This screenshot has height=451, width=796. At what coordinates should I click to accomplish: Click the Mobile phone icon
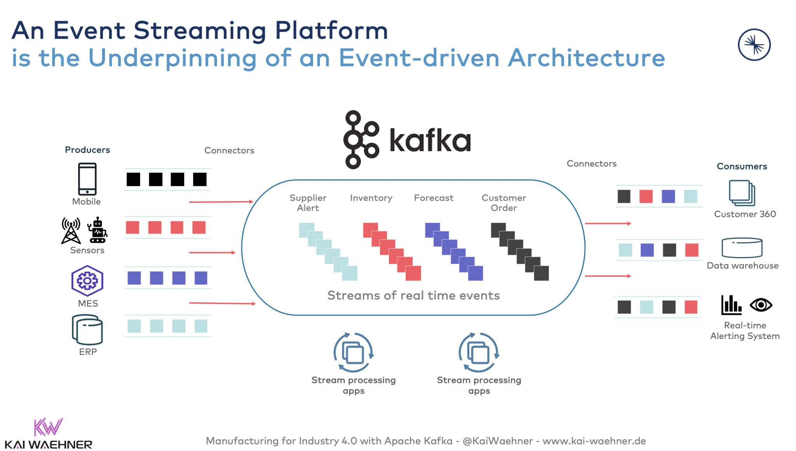point(87,179)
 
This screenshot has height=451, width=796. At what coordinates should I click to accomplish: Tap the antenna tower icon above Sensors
point(71,231)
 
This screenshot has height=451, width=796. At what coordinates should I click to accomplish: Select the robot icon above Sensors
point(98,230)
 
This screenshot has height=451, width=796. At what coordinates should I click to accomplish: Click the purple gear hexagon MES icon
point(87,281)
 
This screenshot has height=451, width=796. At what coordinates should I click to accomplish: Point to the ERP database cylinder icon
point(87,330)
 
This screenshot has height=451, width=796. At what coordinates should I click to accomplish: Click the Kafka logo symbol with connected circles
point(360,139)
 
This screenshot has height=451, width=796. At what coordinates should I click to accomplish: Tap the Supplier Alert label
point(308,203)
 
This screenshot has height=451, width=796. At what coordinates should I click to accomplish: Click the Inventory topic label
point(371,198)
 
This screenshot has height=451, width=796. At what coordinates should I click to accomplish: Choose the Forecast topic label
point(434,198)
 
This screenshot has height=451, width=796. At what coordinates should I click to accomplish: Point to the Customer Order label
point(504,203)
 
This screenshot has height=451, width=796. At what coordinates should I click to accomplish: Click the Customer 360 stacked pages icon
point(742,193)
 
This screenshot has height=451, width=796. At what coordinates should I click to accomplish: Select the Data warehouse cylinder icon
point(742,248)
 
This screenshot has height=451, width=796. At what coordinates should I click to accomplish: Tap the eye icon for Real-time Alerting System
point(761,305)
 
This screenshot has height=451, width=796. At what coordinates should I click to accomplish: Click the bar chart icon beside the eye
point(731,305)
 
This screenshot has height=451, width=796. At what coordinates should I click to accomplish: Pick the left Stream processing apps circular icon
point(353,353)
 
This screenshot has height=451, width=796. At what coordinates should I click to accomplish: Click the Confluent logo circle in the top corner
point(754,45)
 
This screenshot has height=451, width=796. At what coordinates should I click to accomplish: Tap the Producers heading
point(87,150)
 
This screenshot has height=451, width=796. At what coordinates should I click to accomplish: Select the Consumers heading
point(742,167)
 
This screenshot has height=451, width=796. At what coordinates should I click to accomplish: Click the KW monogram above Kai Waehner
point(48,427)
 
